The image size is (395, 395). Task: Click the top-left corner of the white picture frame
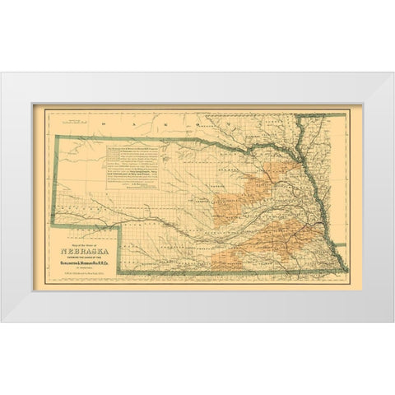(x=2, y=73)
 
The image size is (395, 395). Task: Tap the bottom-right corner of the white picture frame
(x=393, y=321)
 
